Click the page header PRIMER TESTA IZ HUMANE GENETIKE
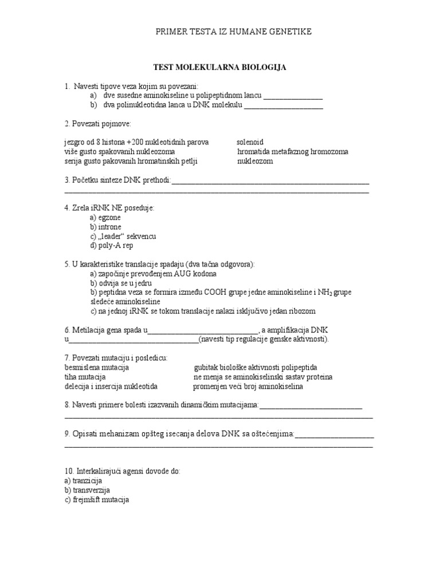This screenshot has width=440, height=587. coord(234,32)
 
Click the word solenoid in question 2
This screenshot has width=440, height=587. coord(250,142)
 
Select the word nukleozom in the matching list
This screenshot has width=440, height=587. coord(255,162)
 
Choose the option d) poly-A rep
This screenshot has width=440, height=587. coord(111,245)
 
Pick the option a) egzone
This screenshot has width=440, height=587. coord(105,218)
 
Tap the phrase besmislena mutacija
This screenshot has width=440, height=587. coord(96,367)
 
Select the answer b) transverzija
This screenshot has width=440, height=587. coord(87,490)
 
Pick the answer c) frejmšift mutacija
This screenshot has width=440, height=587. coord(97,500)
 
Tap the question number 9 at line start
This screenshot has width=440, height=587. coord(67,435)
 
